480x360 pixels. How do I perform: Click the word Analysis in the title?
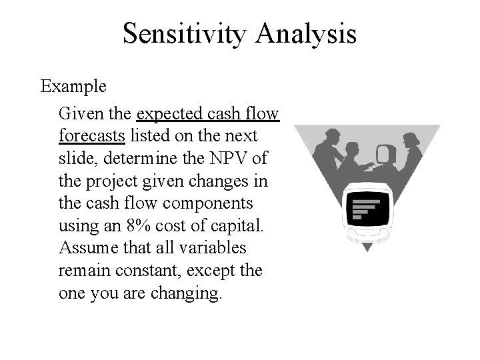point(305,33)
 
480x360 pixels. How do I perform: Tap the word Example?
point(73,87)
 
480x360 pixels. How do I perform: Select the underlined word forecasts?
point(92,135)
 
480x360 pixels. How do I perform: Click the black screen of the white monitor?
point(365,208)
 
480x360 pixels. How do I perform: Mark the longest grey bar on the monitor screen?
point(365,201)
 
